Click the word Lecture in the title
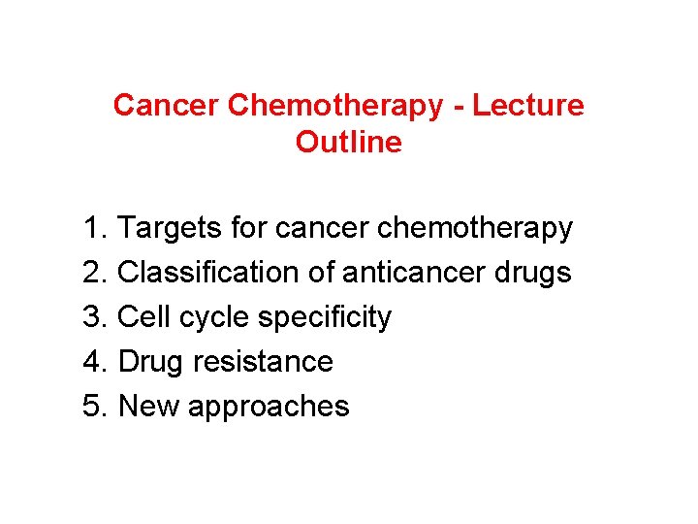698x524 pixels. pos(530,105)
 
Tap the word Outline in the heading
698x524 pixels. pos(348,143)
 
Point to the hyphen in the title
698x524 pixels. pos(458,105)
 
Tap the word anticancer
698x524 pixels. pos(415,273)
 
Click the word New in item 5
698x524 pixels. pos(148,406)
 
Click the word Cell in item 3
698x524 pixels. pos(145,317)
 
